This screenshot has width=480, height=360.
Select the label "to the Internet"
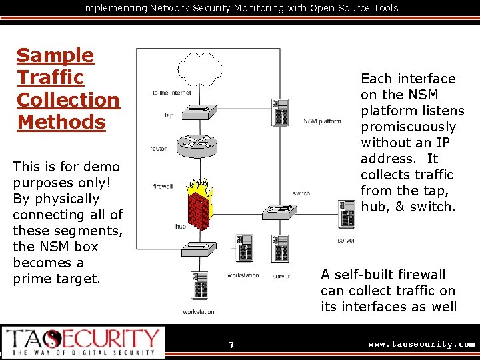pos(171,93)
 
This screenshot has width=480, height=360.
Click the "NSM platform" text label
pos(322,121)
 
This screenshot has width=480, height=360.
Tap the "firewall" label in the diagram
pos(163,186)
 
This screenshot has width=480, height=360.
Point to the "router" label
pos(158,149)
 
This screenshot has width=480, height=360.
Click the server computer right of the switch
pos(346,213)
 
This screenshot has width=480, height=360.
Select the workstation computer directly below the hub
pos(199,287)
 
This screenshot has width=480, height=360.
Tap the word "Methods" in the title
pos(61,122)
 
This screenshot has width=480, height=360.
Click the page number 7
pos(231,345)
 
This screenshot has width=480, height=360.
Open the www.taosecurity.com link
pos(421,344)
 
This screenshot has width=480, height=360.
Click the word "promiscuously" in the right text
pos(408,127)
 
